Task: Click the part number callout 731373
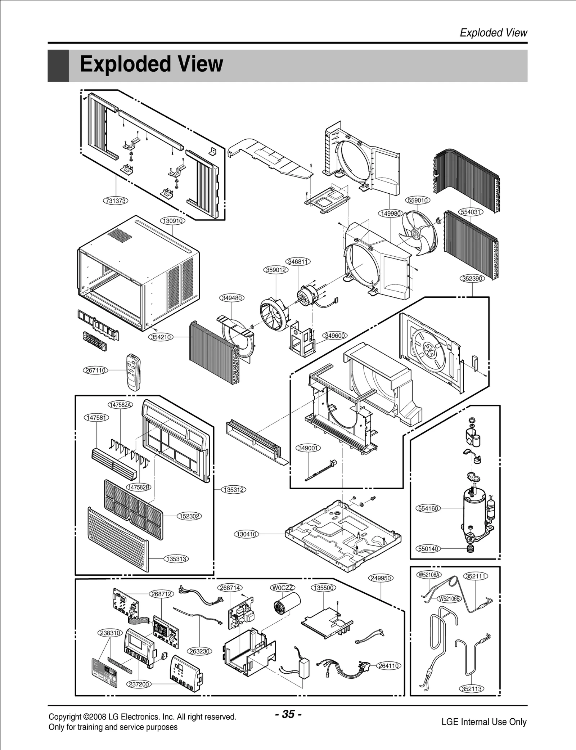tap(116, 201)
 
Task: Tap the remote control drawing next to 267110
tap(133, 372)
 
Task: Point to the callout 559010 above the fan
tap(418, 200)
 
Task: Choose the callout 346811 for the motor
tap(298, 262)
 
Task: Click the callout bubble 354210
tap(161, 337)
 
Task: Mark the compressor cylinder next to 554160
tap(474, 511)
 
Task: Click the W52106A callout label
tap(429, 575)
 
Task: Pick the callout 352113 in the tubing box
tap(472, 689)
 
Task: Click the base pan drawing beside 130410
tap(342, 533)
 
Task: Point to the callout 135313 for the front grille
tap(176, 559)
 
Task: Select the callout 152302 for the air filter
tap(189, 516)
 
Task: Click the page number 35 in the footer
tap(288, 714)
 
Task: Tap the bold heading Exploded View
tap(151, 64)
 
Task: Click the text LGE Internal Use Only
tap(484, 722)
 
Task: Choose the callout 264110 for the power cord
tap(388, 666)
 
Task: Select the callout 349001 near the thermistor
tap(309, 448)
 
